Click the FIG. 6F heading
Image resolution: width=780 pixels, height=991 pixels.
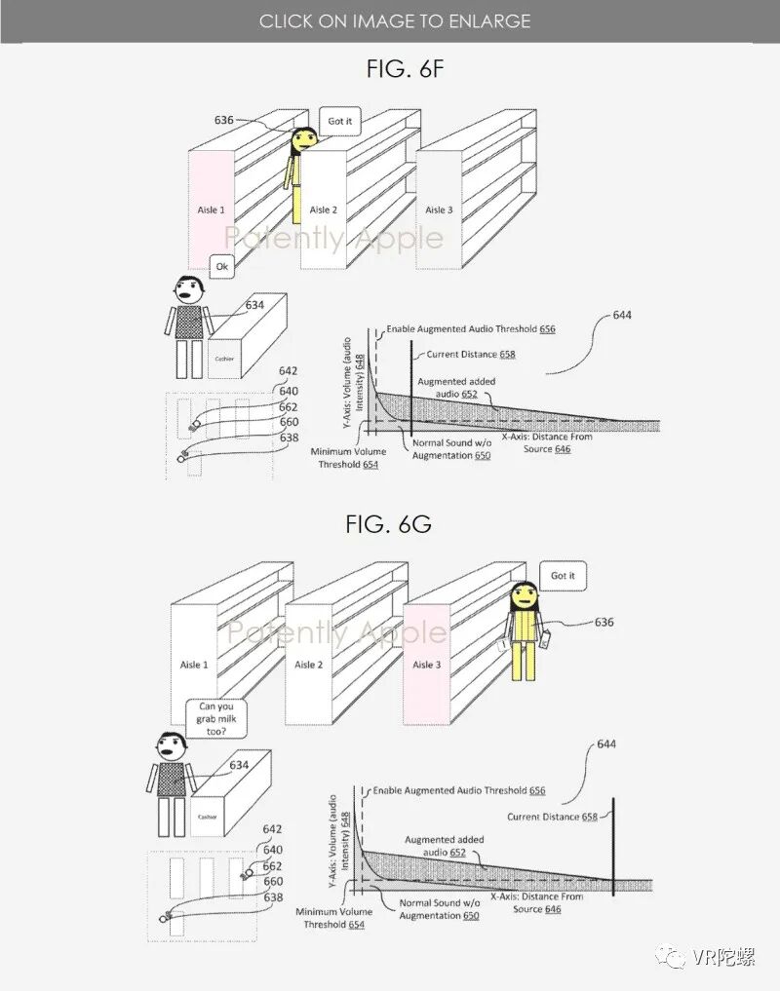389,69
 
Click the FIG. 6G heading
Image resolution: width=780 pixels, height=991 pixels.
388,523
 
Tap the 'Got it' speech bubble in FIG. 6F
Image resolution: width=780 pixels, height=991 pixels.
339,122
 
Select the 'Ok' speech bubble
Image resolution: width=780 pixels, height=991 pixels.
221,266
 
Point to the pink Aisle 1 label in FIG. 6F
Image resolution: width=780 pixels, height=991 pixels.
211,210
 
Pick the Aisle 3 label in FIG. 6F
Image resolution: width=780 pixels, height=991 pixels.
440,210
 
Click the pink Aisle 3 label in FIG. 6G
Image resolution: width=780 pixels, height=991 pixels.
423,665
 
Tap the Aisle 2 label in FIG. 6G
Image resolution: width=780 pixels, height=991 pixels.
308,665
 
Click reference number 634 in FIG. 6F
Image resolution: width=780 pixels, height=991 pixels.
254,305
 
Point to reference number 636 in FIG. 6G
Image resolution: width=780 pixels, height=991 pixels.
604,622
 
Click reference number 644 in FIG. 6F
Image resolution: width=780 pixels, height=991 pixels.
623,316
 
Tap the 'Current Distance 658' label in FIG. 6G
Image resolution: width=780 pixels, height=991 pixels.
553,817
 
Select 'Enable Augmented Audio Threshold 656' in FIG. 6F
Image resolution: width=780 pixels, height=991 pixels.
471,329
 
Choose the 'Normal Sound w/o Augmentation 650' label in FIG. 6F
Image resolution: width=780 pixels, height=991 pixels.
449,449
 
